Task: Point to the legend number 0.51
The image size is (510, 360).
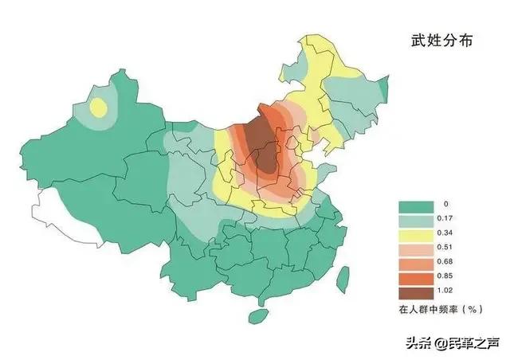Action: coord(448,248)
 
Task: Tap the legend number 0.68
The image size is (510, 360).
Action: coord(448,263)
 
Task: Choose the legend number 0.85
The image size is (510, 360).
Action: coord(448,277)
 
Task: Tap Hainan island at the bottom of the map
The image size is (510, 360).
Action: coord(257,316)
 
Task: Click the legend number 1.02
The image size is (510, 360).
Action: coord(448,292)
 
